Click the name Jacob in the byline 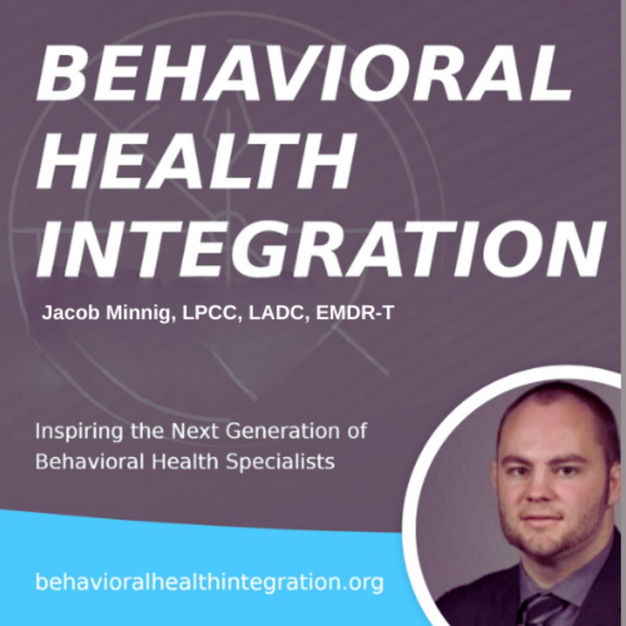tap(70, 313)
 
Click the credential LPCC tap(209, 313)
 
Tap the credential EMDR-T tap(355, 313)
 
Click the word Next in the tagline tap(195, 431)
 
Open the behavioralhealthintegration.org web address tap(209, 582)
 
